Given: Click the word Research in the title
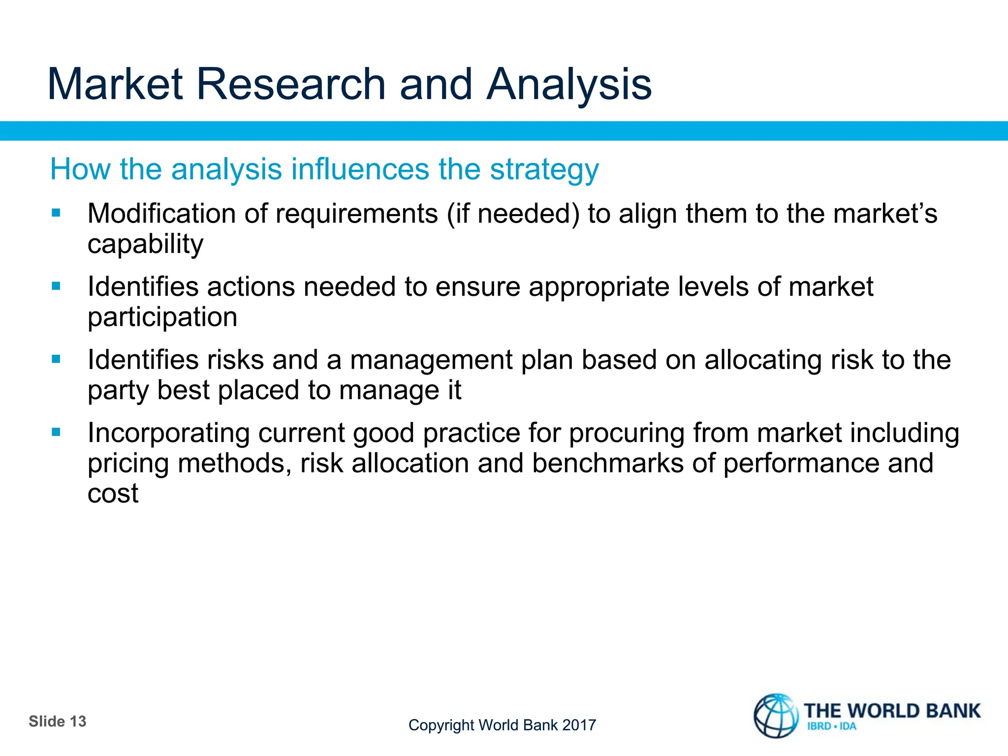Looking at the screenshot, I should (x=290, y=85).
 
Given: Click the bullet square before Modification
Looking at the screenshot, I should (x=56, y=213).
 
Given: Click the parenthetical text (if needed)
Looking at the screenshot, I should (x=513, y=214).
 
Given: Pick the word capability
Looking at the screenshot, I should (x=145, y=245).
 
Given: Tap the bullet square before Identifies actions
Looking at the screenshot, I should (x=56, y=286).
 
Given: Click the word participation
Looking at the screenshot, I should (x=162, y=317).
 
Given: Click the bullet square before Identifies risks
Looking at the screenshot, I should (x=56, y=359).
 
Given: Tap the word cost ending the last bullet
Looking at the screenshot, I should (x=113, y=494).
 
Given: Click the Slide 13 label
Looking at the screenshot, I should (x=58, y=722).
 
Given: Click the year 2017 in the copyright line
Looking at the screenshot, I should (x=579, y=725).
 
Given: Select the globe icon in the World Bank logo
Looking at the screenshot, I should (x=776, y=716).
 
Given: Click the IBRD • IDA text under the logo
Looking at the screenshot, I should (x=831, y=726).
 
